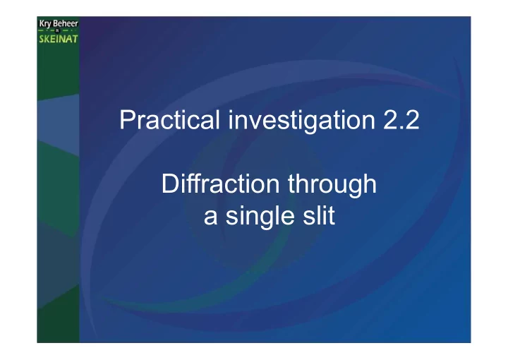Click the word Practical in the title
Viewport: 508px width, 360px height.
(x=170, y=119)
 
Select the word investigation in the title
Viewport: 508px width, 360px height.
(x=302, y=121)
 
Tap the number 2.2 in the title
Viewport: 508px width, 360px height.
(x=401, y=120)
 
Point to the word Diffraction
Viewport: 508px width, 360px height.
(x=220, y=184)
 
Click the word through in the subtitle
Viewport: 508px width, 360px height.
(x=332, y=186)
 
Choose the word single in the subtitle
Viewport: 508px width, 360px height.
(x=260, y=217)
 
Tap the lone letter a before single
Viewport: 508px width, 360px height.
(x=210, y=218)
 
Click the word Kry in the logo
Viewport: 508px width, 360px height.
(x=45, y=24)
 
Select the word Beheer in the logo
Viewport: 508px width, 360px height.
(x=66, y=23)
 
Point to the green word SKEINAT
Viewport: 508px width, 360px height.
(x=59, y=39)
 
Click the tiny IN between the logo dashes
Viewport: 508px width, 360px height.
(x=58, y=31)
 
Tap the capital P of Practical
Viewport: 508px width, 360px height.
(x=127, y=119)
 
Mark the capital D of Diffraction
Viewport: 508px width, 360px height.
(x=170, y=184)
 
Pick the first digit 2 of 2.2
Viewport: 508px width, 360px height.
(x=390, y=120)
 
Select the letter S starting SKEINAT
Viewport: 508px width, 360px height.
(x=42, y=39)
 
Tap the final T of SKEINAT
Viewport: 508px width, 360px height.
(x=75, y=39)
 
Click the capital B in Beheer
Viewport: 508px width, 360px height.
(x=56, y=24)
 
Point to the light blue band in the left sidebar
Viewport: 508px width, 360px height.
(x=59, y=124)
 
